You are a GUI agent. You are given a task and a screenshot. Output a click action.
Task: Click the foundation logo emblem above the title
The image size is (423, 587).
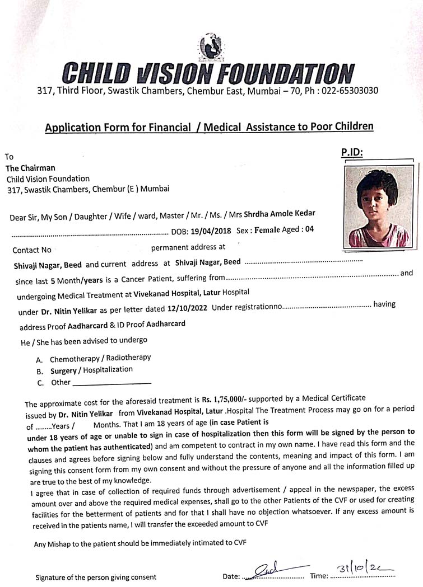tap(211, 47)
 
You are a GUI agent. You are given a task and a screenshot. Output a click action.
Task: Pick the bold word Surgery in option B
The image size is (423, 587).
tap(64, 370)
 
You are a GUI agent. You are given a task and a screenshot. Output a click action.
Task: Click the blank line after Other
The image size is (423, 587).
tap(112, 383)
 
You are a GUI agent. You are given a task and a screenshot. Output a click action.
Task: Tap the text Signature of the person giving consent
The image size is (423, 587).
tap(96, 577)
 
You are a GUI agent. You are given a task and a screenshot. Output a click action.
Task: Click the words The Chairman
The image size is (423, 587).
tap(30, 168)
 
